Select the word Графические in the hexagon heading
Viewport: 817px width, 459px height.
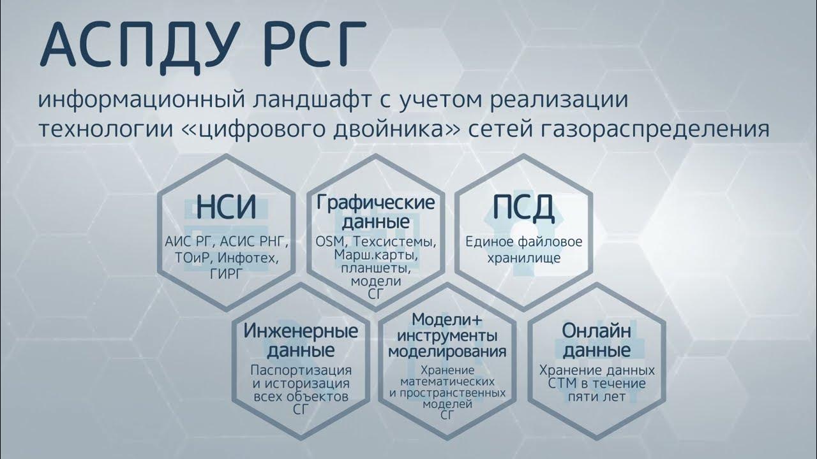[x=376, y=203]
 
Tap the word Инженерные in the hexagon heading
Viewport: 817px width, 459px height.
[x=301, y=331]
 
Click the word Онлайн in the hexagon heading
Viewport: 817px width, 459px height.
[x=597, y=331]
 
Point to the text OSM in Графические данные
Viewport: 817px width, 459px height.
[x=329, y=242]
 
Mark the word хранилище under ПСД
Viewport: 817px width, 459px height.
[x=524, y=258]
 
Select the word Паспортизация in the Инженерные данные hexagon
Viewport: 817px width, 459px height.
[x=301, y=370]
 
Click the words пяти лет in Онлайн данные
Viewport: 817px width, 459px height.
[x=597, y=397]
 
